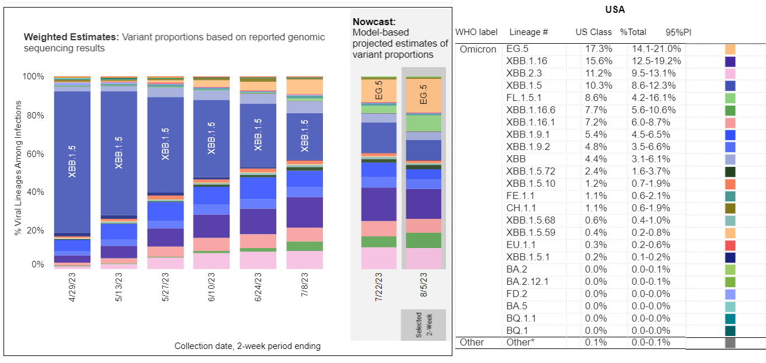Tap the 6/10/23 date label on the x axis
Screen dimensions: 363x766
coord(212,287)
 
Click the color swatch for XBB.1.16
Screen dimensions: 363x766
coord(730,61)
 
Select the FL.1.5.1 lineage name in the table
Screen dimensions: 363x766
coord(525,98)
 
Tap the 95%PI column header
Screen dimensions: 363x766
coord(679,32)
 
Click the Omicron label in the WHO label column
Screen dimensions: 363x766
coord(477,50)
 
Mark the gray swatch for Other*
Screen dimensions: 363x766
coord(730,343)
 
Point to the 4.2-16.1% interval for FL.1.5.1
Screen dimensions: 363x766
coord(654,98)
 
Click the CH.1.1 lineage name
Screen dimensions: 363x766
coord(522,208)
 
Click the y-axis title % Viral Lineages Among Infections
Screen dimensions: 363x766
coord(18,168)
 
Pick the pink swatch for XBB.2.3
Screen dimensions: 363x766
coord(730,74)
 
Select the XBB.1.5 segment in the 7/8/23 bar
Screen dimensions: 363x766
coord(304,136)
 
